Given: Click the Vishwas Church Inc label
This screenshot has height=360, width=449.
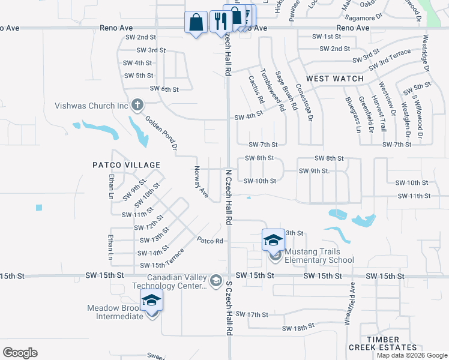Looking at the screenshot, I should point(92,106).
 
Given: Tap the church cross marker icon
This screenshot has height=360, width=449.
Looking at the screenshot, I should point(137,106).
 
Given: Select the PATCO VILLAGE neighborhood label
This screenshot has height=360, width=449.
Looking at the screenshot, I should point(126,164).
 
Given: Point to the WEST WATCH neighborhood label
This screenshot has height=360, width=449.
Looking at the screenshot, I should point(335,79).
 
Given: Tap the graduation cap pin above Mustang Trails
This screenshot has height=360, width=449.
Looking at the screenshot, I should point(273,241).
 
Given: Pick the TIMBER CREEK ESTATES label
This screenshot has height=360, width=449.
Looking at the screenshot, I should point(392,343).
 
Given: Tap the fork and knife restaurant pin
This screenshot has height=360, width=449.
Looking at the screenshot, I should point(220,22).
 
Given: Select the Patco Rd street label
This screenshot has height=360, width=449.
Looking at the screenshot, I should point(211,241).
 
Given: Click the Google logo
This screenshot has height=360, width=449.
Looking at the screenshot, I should point(20,353).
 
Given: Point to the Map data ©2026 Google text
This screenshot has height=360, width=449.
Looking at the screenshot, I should point(412,355).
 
